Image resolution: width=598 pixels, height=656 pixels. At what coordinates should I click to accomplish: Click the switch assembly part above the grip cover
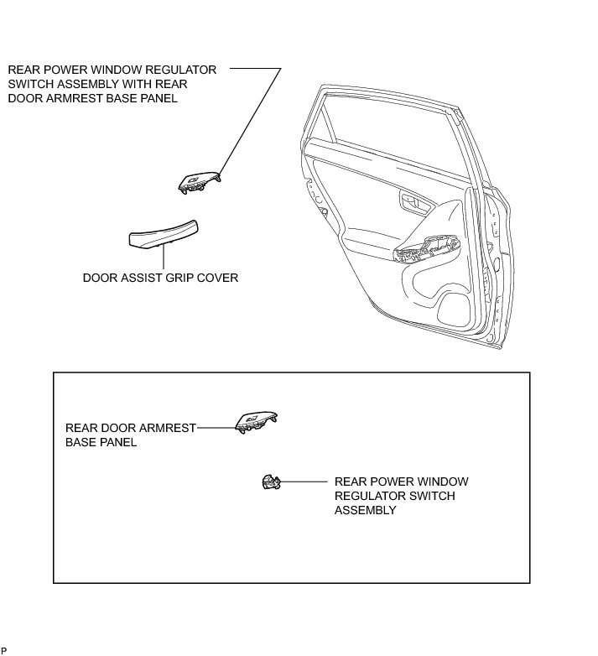click(200, 181)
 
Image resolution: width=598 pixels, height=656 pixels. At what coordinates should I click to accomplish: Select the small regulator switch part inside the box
click(270, 482)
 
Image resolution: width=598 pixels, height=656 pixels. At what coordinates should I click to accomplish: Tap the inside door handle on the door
click(413, 200)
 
